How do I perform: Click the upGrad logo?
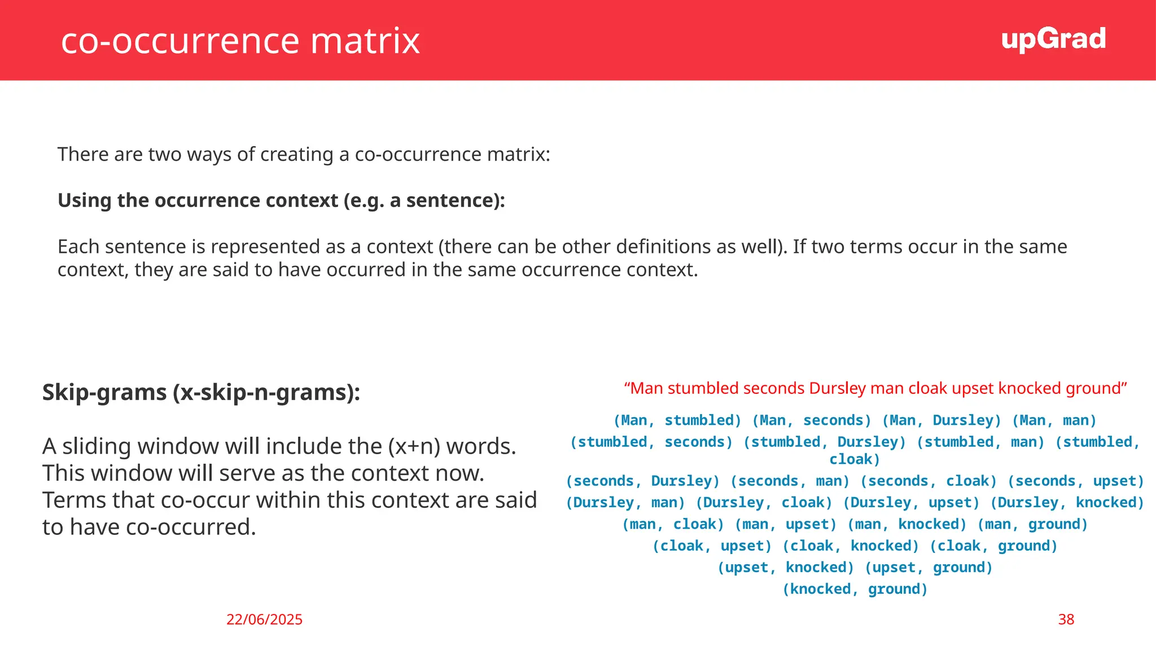pos(1053,39)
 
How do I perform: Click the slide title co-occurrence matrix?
pos(240,41)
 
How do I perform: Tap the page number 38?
pos(1066,620)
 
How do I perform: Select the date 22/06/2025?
pos(264,620)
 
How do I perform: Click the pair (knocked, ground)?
pos(855,589)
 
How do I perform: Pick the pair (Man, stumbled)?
pos(677,420)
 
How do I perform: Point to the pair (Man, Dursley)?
pos(941,420)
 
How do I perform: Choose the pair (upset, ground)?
pos(928,568)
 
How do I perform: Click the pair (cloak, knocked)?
pos(850,546)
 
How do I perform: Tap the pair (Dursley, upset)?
pos(910,503)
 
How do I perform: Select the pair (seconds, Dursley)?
pos(642,481)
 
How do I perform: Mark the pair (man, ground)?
pos(1032,525)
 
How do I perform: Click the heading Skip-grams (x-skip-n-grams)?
pos(201,392)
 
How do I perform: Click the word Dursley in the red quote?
pos(837,388)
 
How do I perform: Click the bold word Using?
pos(85,200)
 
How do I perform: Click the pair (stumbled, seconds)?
pos(651,442)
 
